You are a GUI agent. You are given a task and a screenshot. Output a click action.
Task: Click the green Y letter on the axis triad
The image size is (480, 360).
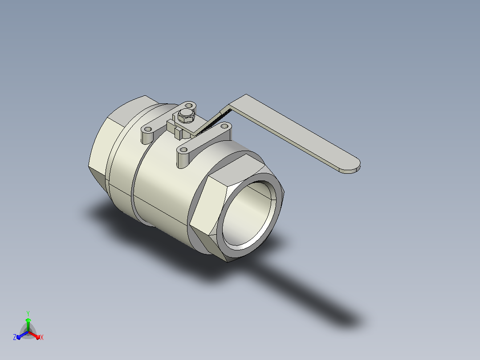click(x=28, y=314)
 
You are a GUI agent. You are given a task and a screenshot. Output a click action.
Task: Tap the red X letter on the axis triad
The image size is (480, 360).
click(x=42, y=337)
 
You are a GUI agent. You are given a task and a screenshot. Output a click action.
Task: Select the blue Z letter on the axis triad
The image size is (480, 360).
click(x=15, y=337)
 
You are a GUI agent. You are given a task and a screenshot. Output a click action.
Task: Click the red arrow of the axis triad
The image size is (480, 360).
click(x=34, y=335)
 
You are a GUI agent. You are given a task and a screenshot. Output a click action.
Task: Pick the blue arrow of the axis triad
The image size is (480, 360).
click(x=22, y=335)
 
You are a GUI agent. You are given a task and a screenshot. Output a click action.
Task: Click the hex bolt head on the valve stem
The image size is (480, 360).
click(x=186, y=115)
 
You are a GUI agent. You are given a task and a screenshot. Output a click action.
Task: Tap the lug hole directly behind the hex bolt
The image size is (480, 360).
click(x=189, y=106)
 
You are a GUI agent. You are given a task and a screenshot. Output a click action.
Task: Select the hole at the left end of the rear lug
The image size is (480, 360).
click(x=148, y=129)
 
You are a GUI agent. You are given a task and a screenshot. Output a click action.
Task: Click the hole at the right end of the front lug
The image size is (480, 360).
click(x=224, y=126)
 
